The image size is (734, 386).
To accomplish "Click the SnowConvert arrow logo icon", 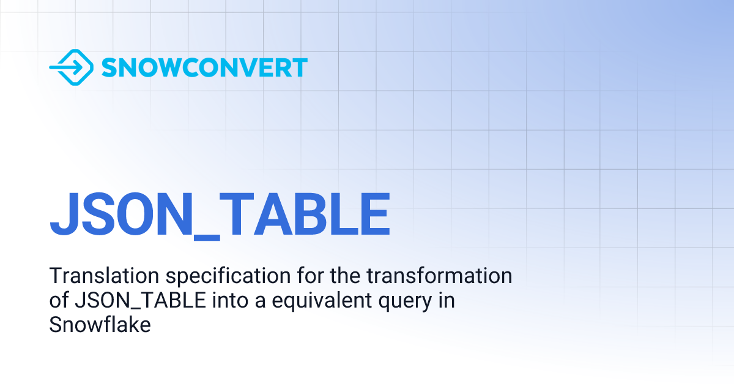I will tap(70, 67).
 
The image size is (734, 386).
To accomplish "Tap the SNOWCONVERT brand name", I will tap(204, 67).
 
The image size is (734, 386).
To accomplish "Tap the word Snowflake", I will tap(100, 325).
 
